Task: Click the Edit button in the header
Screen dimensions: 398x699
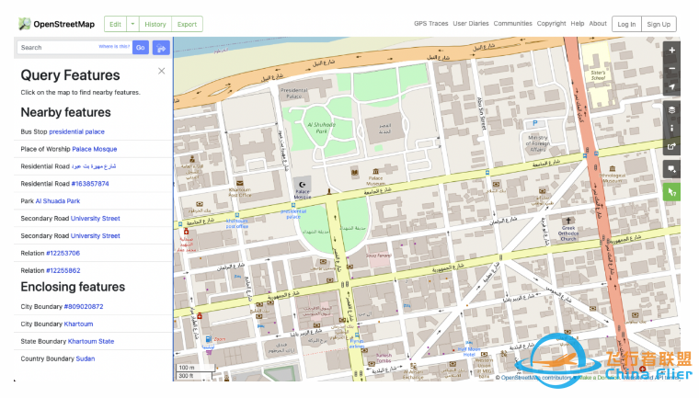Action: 114,24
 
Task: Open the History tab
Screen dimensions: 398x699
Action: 155,24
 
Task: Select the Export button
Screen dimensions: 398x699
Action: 187,24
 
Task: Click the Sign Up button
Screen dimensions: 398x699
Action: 658,24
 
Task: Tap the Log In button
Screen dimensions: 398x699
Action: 625,24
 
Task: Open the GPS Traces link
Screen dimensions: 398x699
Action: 430,24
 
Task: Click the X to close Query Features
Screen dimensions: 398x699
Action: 162,71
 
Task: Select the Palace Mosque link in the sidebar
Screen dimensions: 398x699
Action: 95,148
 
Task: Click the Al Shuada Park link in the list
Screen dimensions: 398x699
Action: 58,200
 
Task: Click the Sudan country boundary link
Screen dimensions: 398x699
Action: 85,358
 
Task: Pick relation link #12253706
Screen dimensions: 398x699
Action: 63,253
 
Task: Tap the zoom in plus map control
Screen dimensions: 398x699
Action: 671,50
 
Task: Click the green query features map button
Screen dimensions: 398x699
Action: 671,192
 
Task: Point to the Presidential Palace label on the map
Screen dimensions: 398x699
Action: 293,91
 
